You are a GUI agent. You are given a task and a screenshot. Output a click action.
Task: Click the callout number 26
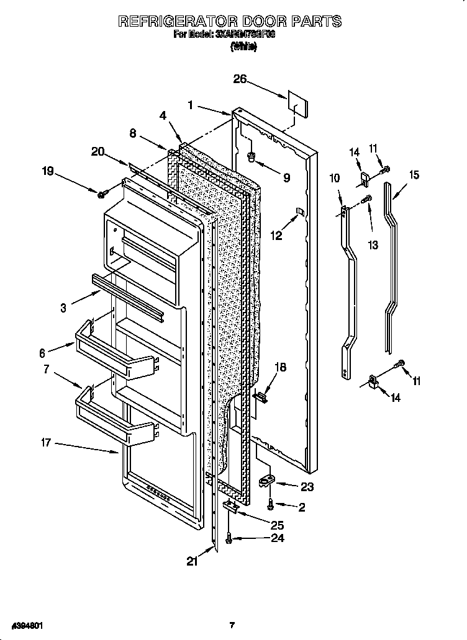click(240, 79)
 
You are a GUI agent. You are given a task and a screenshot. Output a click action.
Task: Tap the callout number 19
click(48, 172)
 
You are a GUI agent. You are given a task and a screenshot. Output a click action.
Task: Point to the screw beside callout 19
click(101, 195)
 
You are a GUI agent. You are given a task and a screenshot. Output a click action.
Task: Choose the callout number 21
click(193, 561)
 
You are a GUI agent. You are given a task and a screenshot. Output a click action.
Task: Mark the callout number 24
click(278, 538)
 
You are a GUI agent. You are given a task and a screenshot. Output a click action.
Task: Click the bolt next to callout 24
click(230, 541)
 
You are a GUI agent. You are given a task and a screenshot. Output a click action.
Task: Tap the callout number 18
click(281, 367)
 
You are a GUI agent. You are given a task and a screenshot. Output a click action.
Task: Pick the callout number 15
click(412, 175)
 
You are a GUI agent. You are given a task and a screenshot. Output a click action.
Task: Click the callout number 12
click(276, 236)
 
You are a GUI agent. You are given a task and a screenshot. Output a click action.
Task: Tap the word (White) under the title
click(243, 48)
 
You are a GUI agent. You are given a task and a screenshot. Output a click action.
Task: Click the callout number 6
click(43, 353)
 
